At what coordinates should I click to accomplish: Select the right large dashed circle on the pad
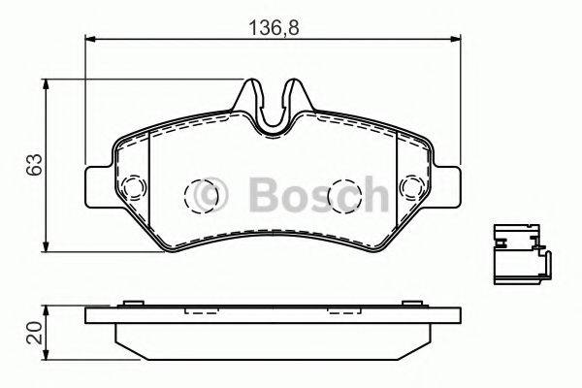(x=342, y=195)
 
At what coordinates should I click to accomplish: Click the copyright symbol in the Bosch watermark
(x=210, y=196)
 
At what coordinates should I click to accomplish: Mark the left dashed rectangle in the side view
(x=202, y=312)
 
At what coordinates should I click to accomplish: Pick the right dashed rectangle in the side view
(x=343, y=312)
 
